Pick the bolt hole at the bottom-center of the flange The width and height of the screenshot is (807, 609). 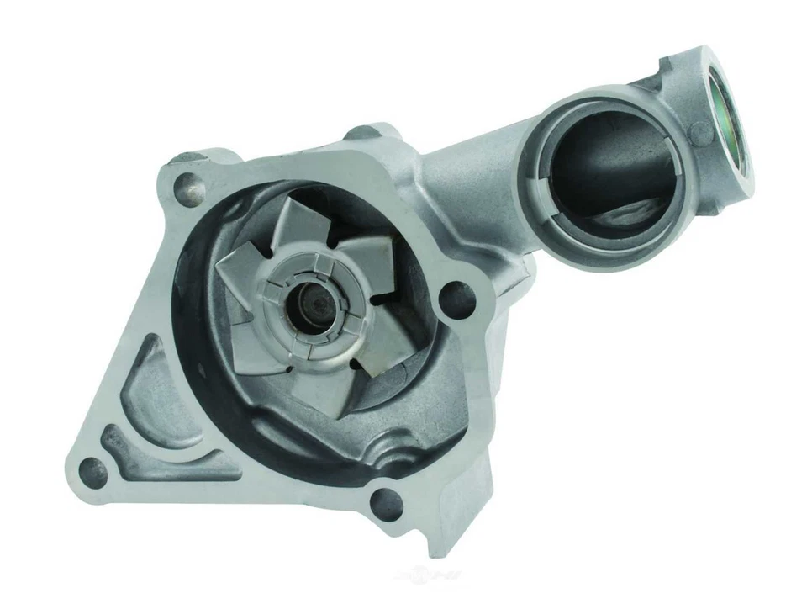point(386,503)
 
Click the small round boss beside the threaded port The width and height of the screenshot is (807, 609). point(700,132)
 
